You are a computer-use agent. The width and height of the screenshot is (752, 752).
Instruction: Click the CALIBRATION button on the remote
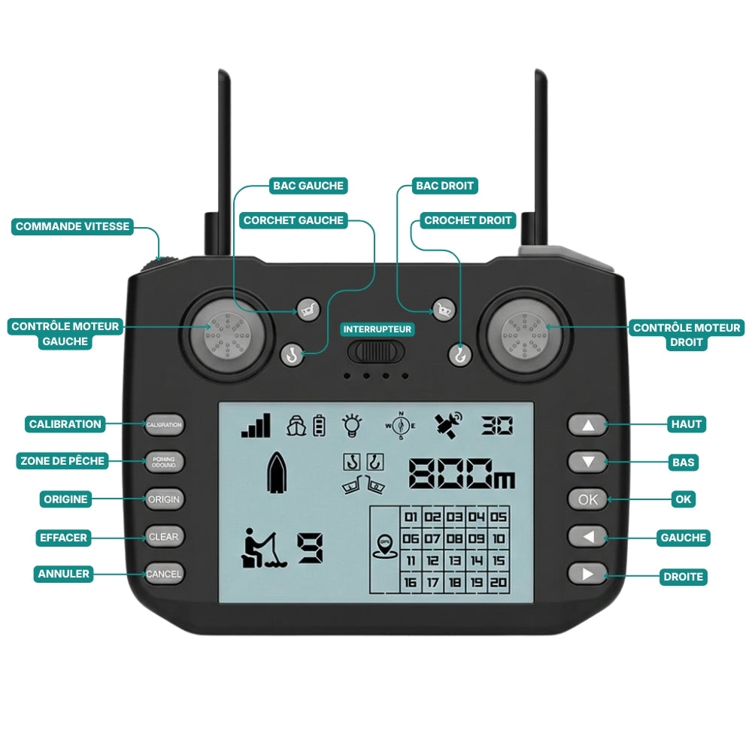[164, 425]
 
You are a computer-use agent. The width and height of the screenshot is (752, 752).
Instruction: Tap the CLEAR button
[164, 537]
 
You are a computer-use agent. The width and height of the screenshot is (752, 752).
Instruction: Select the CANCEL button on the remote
[164, 574]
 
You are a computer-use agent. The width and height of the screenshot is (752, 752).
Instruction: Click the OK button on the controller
[588, 499]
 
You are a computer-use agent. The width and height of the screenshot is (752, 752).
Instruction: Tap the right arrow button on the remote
[588, 575]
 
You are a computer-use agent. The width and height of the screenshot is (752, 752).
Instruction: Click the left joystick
[226, 334]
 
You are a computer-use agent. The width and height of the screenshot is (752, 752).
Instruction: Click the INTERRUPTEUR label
[378, 329]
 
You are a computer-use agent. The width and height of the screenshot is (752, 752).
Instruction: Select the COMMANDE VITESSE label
[72, 226]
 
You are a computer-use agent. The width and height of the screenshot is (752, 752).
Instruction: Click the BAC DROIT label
[444, 186]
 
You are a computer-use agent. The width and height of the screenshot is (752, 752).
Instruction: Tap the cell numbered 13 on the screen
[455, 560]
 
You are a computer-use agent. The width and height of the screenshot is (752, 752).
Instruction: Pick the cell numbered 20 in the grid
[499, 582]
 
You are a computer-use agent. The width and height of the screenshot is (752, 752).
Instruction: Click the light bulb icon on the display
[351, 425]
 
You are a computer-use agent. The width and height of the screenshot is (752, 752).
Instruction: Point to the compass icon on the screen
[400, 426]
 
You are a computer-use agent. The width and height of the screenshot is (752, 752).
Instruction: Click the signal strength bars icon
[256, 426]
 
